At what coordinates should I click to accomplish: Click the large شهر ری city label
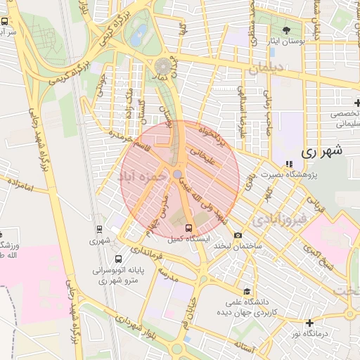point(322,151)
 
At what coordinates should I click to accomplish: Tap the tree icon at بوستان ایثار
point(286,30)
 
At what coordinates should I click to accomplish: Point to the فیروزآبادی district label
point(281,219)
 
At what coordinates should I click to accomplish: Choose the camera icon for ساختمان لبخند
point(238,235)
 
